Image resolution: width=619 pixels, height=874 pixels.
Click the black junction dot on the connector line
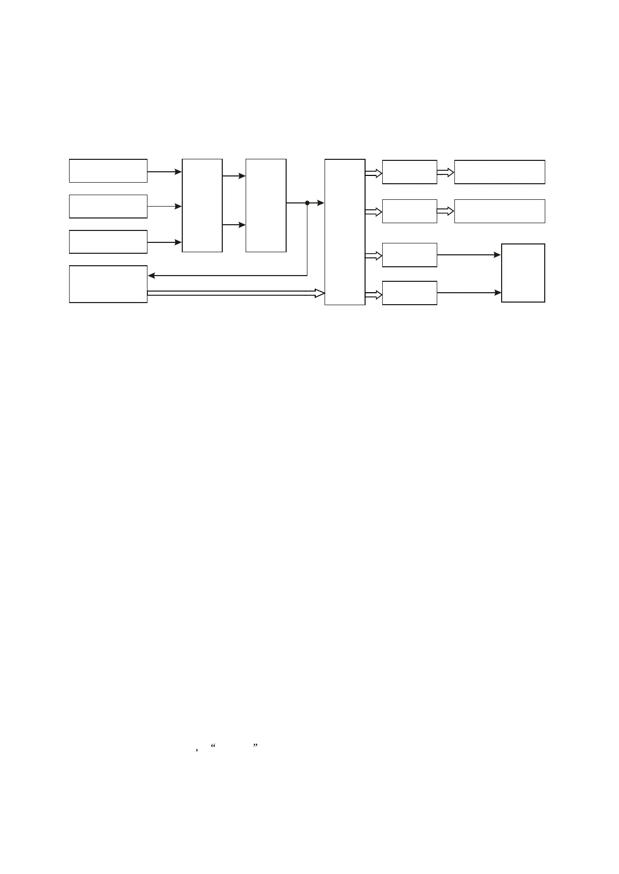click(x=307, y=203)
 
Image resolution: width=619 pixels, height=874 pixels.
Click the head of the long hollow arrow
click(x=320, y=293)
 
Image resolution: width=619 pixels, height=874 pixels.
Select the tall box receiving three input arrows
click(x=202, y=206)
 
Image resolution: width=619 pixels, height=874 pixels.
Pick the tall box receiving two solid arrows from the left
click(x=266, y=206)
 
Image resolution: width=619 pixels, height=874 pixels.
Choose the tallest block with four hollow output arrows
click(x=345, y=232)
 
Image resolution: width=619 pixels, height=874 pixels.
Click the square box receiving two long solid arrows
click(x=523, y=273)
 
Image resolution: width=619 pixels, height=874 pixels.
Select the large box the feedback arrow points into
click(x=108, y=284)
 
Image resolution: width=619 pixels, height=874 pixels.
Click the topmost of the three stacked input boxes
click(x=108, y=171)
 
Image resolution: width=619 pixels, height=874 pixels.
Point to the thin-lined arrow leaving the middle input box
click(x=165, y=207)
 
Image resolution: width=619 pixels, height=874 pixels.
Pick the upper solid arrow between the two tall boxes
click(x=234, y=176)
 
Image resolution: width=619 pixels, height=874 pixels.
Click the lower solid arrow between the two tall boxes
click(x=234, y=225)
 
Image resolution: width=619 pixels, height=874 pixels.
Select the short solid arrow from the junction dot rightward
click(x=316, y=203)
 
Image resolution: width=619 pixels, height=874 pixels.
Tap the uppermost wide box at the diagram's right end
click(x=500, y=172)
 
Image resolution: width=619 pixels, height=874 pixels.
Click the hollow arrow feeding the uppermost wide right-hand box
click(x=446, y=172)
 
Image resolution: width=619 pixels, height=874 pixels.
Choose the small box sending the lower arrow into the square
click(x=410, y=293)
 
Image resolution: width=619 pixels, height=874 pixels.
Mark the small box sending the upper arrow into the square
click(x=410, y=255)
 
